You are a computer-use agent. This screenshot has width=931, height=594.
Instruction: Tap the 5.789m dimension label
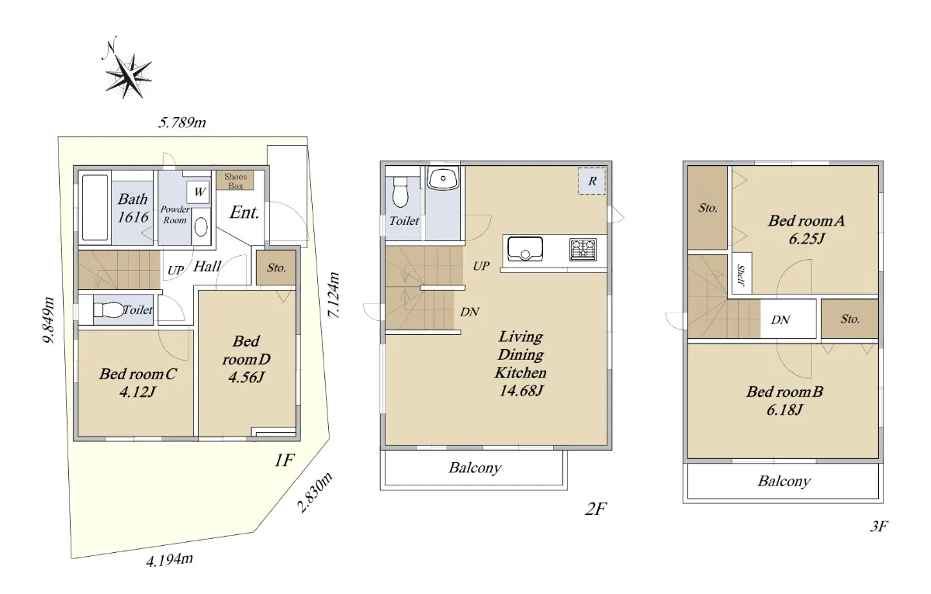point(182,123)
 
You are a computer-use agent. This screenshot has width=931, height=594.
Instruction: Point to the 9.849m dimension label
point(49,319)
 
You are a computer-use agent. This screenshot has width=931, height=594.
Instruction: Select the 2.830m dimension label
point(315,492)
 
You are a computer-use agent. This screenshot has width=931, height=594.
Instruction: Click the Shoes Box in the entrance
point(235,181)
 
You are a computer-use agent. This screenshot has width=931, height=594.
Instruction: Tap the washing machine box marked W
point(199,192)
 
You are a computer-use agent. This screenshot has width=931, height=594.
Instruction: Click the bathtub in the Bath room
point(95,208)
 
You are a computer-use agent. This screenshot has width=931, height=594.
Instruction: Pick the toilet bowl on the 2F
point(400,192)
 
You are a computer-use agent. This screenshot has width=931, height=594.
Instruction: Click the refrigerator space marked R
point(592,181)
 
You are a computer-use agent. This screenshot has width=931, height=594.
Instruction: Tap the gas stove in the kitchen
point(583,249)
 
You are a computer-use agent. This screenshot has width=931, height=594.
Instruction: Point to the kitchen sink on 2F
point(525,248)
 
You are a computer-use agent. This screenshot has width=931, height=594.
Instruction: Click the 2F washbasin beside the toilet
point(443,178)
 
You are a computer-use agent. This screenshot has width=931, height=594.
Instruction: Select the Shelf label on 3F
point(741,275)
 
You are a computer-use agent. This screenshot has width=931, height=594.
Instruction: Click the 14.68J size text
point(521,391)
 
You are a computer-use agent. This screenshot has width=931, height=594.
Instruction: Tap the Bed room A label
point(806,220)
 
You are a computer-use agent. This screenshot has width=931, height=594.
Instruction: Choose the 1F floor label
point(284,461)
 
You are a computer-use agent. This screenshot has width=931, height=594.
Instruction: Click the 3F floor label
point(878,527)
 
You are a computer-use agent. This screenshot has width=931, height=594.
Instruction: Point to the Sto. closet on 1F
point(276,268)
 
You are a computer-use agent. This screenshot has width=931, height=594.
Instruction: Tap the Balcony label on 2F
point(475,468)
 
